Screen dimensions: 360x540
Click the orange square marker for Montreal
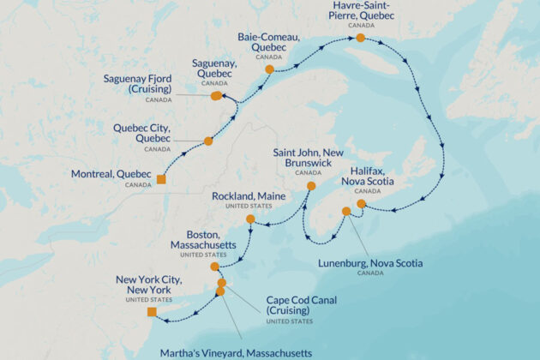tap(160, 179)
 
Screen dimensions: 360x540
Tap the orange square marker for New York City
tap(152, 313)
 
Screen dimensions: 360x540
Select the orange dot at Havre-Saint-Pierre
tap(361, 38)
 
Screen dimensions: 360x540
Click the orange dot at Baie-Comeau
tap(269, 69)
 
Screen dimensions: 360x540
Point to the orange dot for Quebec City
tap(208, 141)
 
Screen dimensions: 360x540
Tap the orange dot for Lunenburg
tap(346, 211)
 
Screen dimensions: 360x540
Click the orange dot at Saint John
tap(311, 185)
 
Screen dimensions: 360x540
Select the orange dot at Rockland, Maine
tap(250, 219)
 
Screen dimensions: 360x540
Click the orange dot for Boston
tap(215, 267)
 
